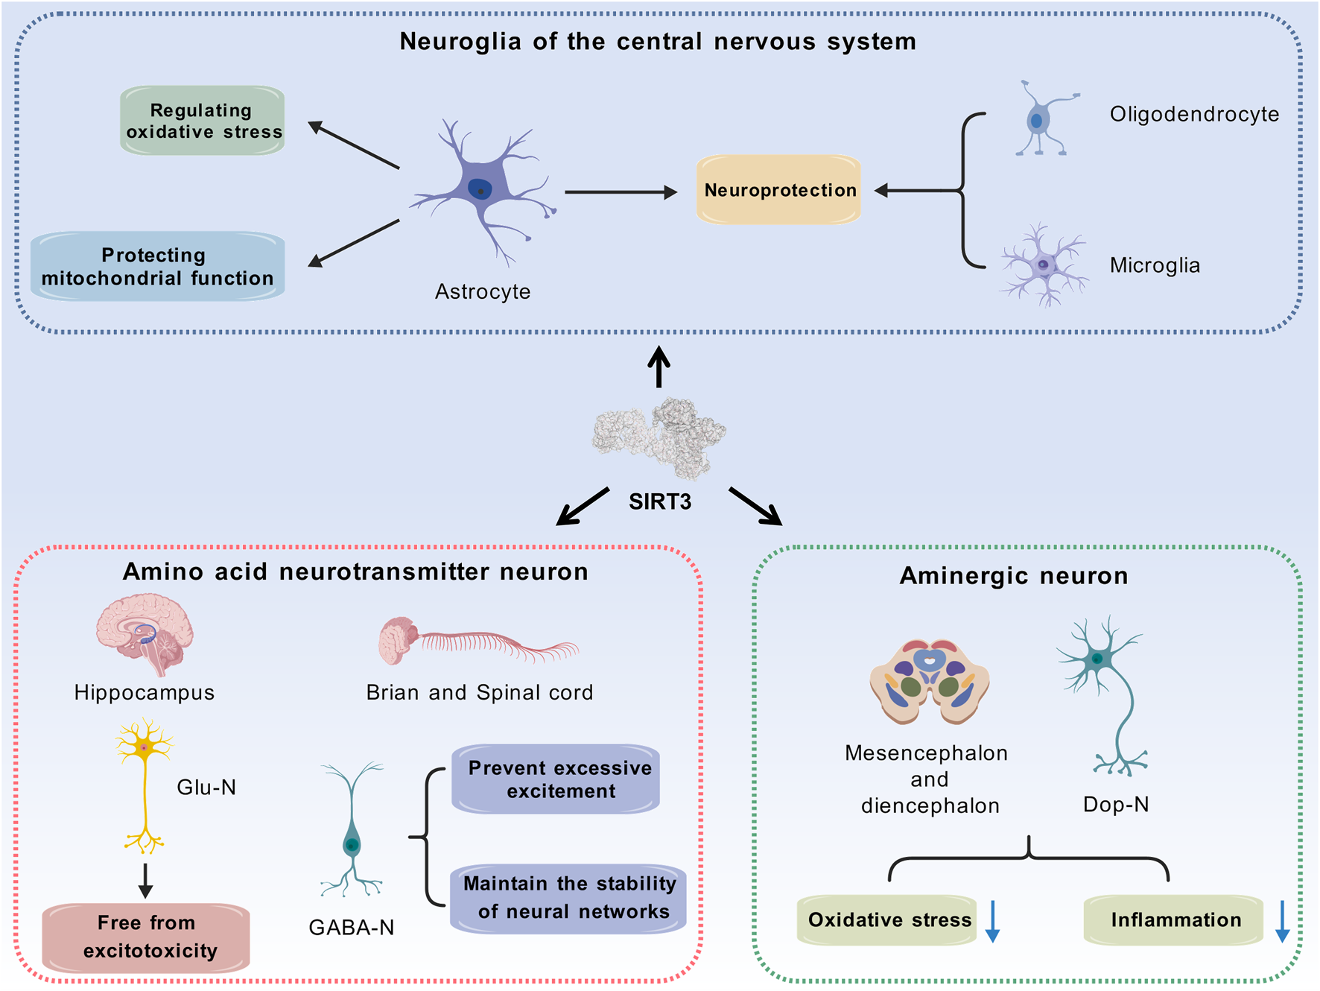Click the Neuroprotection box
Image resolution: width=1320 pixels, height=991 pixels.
click(x=778, y=190)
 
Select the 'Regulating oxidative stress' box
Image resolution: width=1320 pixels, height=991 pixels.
click(x=203, y=121)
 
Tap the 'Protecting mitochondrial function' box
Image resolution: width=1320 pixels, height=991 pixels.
click(x=157, y=266)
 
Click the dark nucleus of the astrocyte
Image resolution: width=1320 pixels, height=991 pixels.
click(x=480, y=189)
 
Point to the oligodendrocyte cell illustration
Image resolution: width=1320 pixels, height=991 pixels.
click(x=1044, y=118)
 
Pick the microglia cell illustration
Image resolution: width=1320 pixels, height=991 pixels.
click(x=1044, y=265)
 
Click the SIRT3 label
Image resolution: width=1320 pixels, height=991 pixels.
click(x=660, y=501)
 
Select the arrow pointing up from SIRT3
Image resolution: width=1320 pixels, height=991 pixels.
click(x=659, y=367)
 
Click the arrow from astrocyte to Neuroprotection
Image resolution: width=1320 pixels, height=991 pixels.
click(x=621, y=192)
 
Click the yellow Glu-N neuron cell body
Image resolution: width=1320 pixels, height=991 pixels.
click(x=145, y=747)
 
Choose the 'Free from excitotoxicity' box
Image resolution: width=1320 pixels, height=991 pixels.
click(x=146, y=937)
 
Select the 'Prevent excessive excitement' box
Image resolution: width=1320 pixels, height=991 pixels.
click(x=556, y=779)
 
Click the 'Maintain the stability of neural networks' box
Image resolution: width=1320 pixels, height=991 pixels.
click(x=568, y=898)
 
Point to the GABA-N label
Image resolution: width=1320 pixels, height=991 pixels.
click(x=352, y=928)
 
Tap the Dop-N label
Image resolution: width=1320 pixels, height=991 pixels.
click(x=1116, y=805)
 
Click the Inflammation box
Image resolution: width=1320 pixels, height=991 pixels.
click(x=1173, y=920)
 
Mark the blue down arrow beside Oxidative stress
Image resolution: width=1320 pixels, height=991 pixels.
click(x=992, y=922)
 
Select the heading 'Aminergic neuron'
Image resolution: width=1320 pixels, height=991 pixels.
click(x=1014, y=576)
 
